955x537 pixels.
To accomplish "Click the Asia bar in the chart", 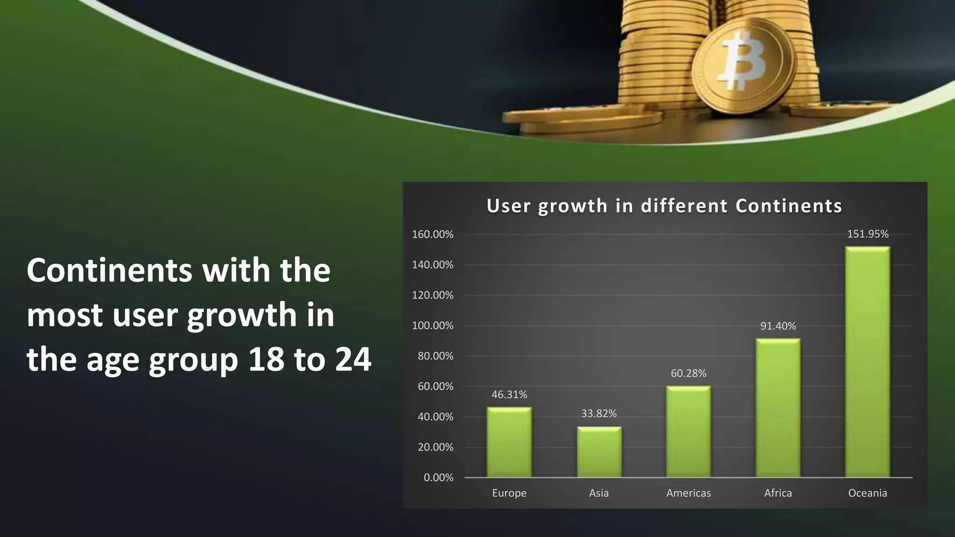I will (599, 452).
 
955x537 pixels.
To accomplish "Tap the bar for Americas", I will (688, 431).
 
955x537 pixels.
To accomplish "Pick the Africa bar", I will (778, 407).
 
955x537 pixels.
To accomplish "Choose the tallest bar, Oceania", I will (867, 362).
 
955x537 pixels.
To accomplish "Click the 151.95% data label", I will (867, 234).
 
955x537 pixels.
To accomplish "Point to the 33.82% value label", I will (599, 413).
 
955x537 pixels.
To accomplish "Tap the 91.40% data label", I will (778, 326).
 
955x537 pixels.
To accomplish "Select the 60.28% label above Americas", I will (688, 373).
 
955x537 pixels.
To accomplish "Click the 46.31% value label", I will (509, 395).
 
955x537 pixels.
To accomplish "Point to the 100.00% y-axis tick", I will (432, 326).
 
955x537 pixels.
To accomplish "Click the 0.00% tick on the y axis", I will (438, 477).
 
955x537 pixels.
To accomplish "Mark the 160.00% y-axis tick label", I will (432, 234).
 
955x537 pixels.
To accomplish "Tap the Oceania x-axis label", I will (867, 493).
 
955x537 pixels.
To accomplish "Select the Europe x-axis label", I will (509, 493).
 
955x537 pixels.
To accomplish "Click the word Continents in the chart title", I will (789, 206).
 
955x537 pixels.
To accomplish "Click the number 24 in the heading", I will (353, 360).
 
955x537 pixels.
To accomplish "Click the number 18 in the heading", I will (266, 360).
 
